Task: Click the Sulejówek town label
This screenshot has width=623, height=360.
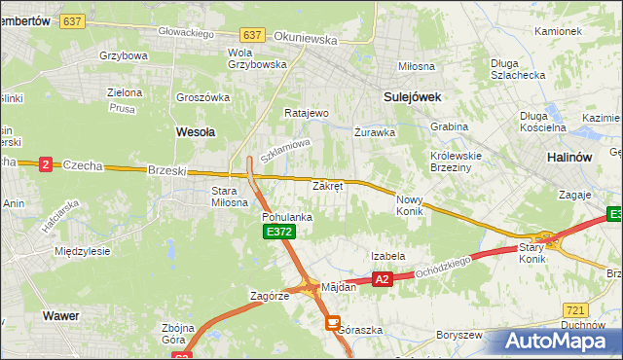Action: coord(413,96)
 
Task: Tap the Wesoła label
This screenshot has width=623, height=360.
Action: coord(195,129)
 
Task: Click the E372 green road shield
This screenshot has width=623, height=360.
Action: coord(278,232)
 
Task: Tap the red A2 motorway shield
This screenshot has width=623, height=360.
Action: coord(382,279)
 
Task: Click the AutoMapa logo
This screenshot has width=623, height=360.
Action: coord(556,341)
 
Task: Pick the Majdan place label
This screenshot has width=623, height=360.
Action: coord(339,287)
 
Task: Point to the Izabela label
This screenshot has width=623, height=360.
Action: coord(387,256)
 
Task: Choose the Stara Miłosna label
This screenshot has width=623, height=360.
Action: coord(231,197)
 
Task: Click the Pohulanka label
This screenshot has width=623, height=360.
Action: coord(287,217)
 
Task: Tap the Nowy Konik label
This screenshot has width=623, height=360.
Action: coord(410,204)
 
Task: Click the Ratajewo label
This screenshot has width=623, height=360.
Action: coord(307,113)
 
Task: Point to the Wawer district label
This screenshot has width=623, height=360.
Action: coord(60,315)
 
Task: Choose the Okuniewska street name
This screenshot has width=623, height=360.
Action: coord(305,40)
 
